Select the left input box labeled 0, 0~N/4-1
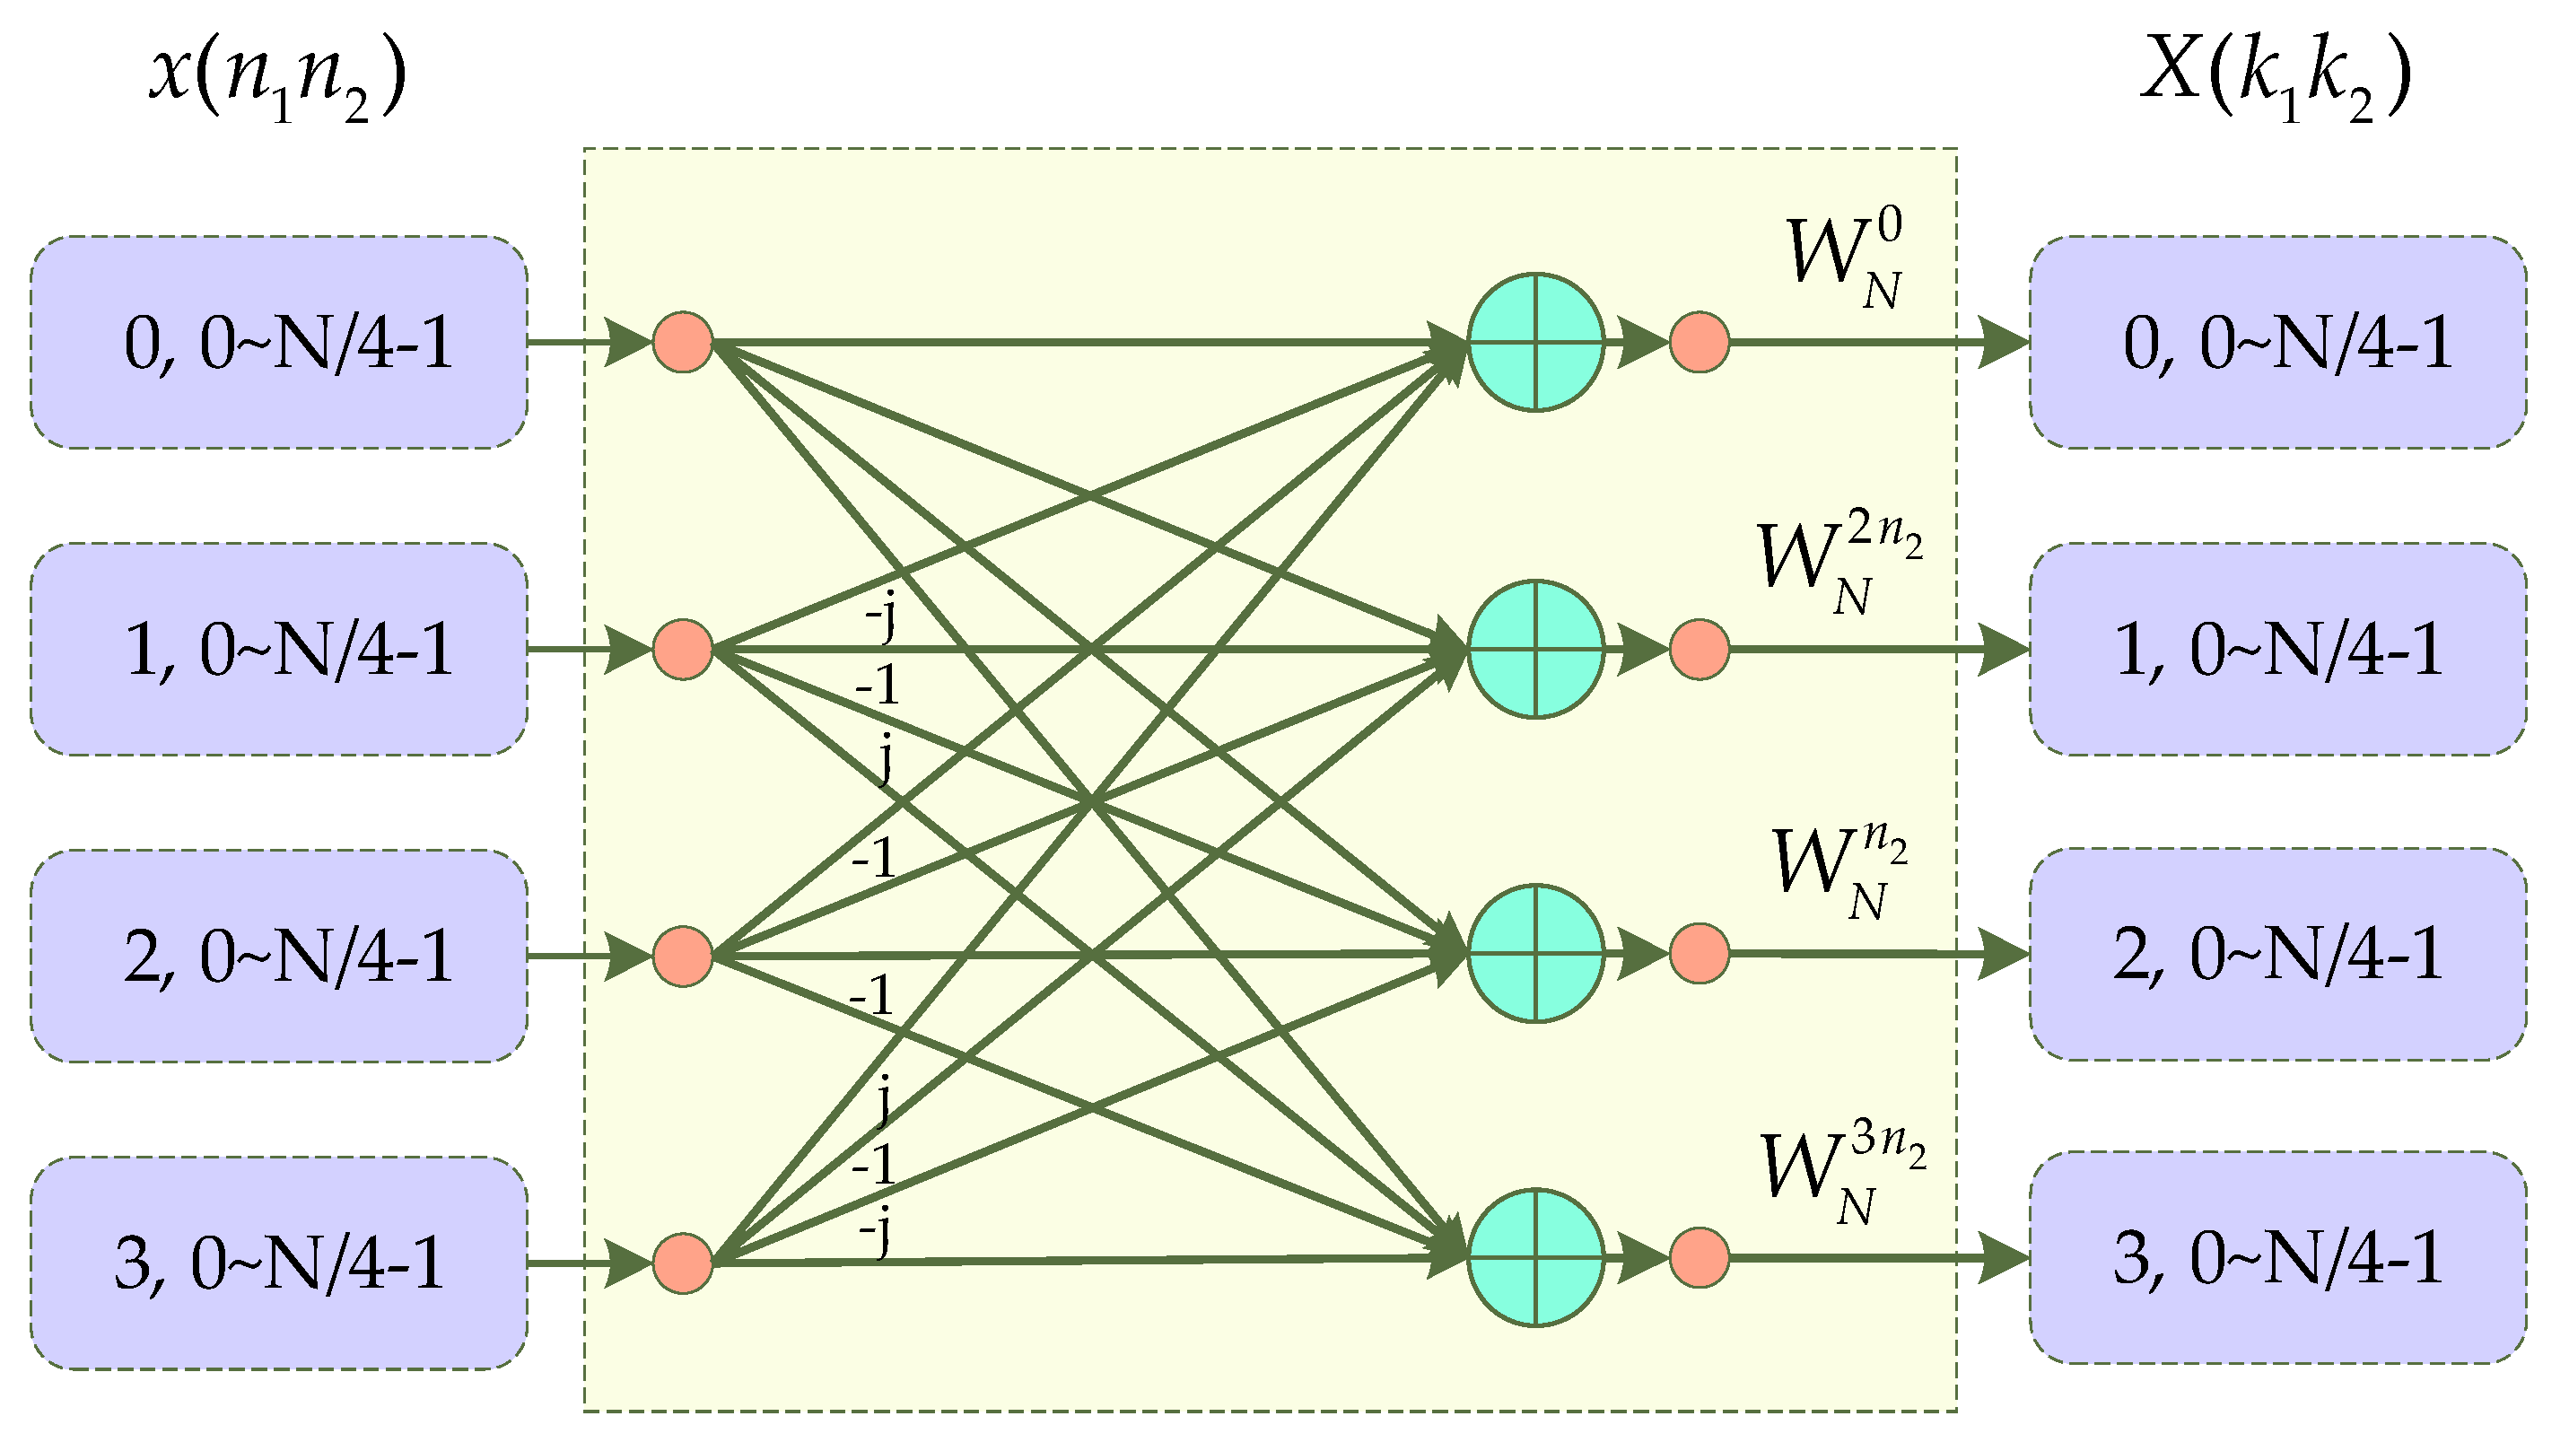[279, 342]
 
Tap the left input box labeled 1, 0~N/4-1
[279, 649]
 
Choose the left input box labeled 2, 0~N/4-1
[279, 957]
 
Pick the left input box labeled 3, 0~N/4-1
[279, 1263]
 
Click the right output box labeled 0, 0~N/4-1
[2277, 342]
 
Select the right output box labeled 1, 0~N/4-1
[2277, 649]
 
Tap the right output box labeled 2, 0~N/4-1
[2277, 955]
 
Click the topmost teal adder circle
[1536, 342]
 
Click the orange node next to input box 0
[682, 342]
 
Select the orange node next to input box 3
[682, 1263]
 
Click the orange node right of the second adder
[1700, 649]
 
